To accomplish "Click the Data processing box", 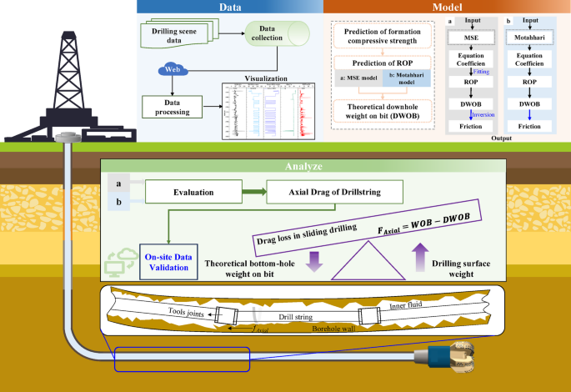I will tap(173, 106).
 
